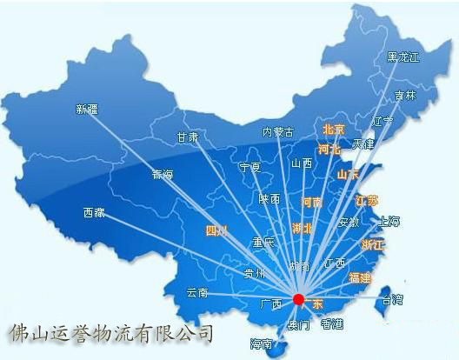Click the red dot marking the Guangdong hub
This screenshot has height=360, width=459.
[x=299, y=299]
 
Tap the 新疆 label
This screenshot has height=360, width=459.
[x=87, y=110]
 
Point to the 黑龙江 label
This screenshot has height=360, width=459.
[x=402, y=57]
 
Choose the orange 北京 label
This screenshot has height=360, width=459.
[x=333, y=130]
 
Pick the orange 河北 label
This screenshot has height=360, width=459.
[x=329, y=150]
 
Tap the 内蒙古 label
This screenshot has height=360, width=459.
[x=278, y=133]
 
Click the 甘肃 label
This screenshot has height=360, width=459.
[x=188, y=137]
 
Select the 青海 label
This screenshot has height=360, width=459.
[x=163, y=174]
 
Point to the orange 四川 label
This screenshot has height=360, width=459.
[x=215, y=231]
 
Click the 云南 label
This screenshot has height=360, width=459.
[x=197, y=293]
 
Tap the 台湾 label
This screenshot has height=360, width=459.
[x=392, y=300]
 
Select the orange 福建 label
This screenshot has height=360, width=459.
[x=359, y=278]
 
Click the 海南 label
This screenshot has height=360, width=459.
[x=261, y=343]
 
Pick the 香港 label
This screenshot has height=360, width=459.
[x=332, y=324]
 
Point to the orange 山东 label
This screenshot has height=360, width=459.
[x=349, y=175]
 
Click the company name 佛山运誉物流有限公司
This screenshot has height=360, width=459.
[x=110, y=332]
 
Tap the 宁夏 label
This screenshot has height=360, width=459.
[x=250, y=168]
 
